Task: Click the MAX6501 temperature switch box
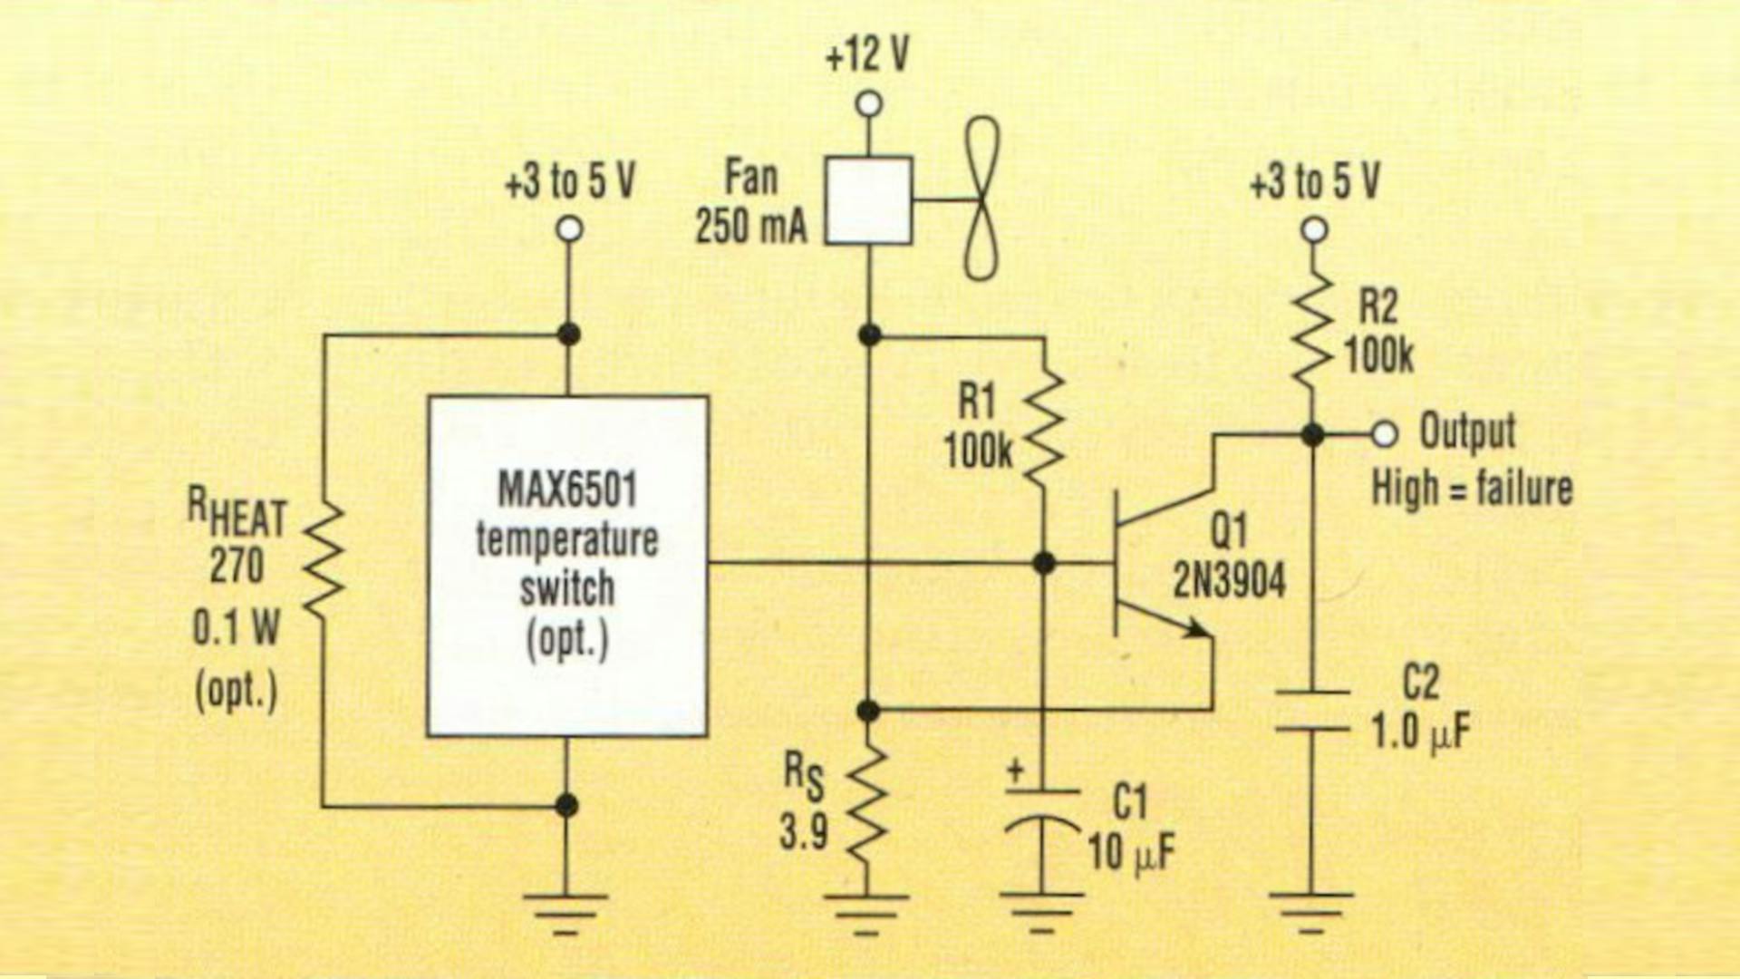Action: click(567, 566)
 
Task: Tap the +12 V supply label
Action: click(866, 56)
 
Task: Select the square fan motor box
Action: click(868, 200)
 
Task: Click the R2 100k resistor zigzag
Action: click(1312, 331)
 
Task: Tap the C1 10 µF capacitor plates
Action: click(1042, 807)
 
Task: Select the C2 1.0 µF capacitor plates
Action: click(1311, 710)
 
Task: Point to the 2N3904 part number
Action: click(1229, 578)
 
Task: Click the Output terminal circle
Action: click(1384, 434)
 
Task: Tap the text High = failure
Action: click(1471, 488)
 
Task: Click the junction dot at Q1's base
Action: click(1044, 563)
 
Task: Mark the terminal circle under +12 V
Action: click(868, 104)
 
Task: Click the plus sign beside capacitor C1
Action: click(1016, 771)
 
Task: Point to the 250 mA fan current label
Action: click(750, 226)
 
